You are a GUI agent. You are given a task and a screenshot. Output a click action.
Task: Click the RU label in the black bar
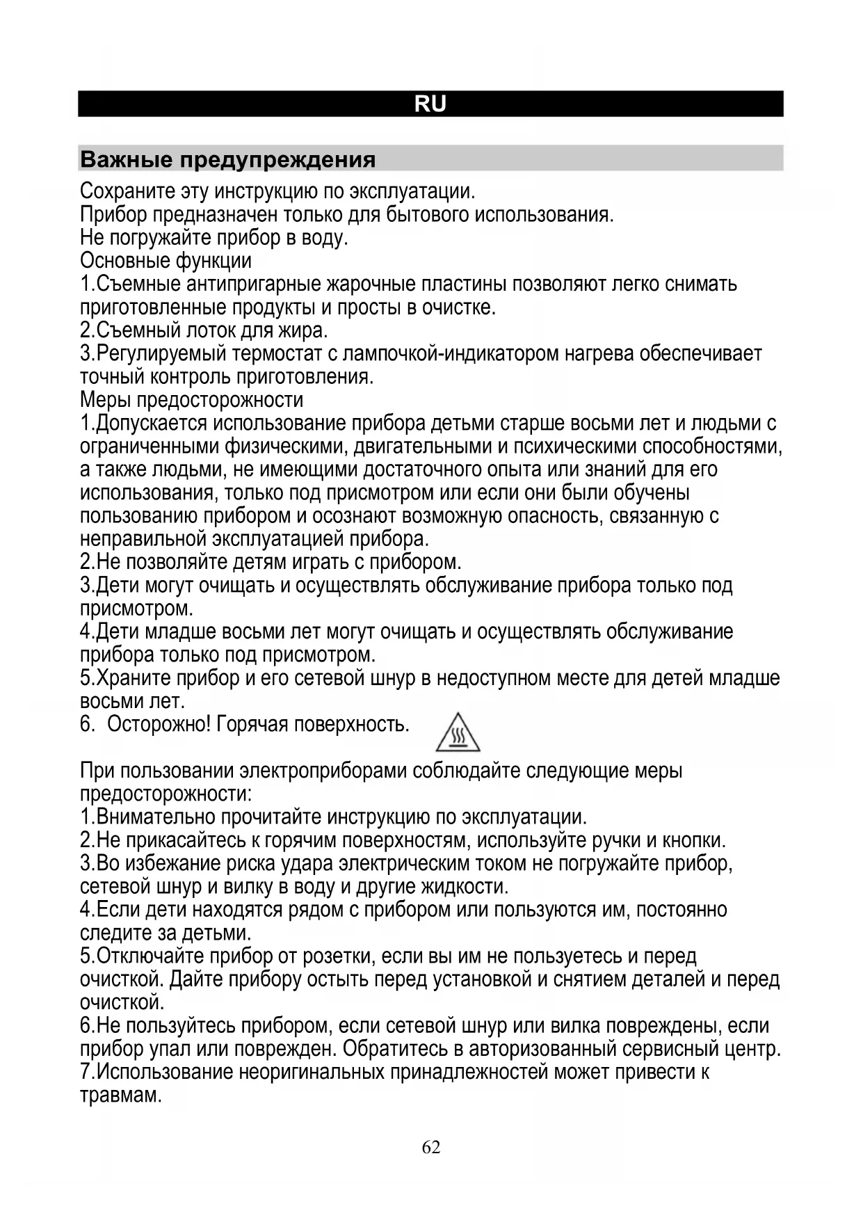430,104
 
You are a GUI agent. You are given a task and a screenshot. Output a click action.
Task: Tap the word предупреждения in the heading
278,160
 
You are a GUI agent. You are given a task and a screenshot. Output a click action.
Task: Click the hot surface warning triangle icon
458,732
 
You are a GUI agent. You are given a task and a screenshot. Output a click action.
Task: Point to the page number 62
431,1147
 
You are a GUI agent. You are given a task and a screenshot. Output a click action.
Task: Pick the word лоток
207,330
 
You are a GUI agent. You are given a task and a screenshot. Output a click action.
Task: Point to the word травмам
121,1095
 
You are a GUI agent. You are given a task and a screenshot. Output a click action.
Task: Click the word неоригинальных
311,1072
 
